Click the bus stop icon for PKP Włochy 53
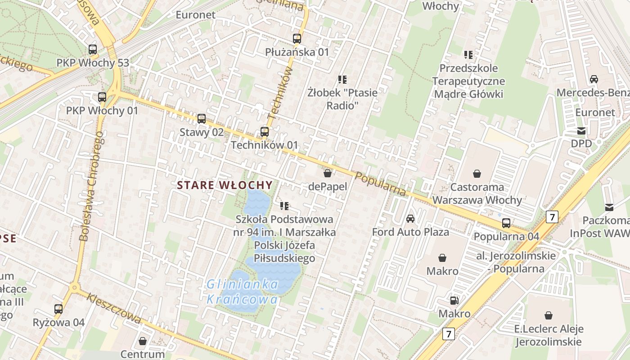tap(93, 49)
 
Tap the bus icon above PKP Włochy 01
tap(102, 97)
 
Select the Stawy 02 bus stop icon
tap(202, 119)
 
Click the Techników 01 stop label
tap(264, 145)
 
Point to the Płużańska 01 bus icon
tap(297, 39)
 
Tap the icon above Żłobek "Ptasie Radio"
tap(342, 80)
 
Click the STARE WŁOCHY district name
tap(225, 185)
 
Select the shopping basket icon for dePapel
tap(328, 173)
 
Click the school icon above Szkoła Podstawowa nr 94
tap(284, 206)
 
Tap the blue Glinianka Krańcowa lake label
tap(243, 292)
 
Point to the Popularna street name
tap(380, 184)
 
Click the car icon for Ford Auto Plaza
tap(410, 219)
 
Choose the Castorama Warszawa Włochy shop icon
tap(477, 174)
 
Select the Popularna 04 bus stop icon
tap(506, 223)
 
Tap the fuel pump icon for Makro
tap(454, 300)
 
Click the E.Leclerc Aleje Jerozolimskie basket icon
tap(548, 315)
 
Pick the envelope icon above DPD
tap(581, 130)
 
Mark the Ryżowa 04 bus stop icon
tap(58, 309)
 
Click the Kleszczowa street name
tap(114, 309)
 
